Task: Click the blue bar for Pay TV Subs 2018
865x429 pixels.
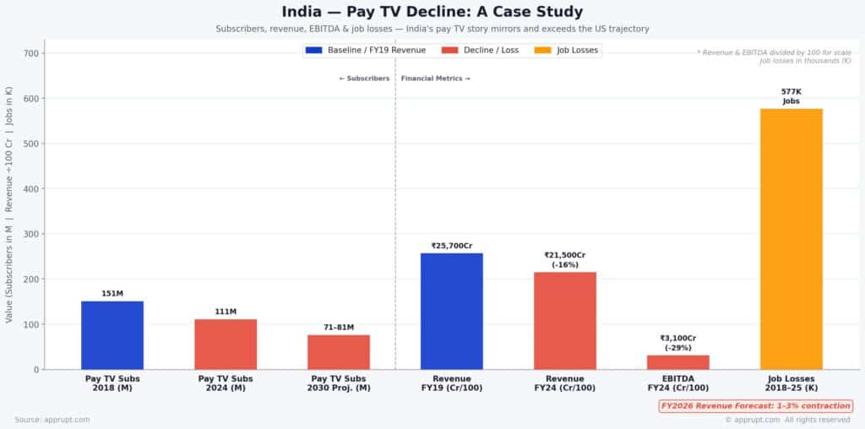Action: (112, 334)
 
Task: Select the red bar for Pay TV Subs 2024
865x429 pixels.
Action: (226, 344)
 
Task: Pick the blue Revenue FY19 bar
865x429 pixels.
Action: (452, 311)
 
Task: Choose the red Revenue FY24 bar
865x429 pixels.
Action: (565, 320)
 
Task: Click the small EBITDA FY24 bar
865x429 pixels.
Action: (678, 361)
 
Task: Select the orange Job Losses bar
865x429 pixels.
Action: (792, 238)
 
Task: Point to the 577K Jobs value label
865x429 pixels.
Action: (792, 96)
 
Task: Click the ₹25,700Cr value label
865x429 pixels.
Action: (452, 246)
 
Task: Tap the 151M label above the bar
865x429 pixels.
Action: (112, 294)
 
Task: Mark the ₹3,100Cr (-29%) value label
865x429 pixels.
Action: (678, 343)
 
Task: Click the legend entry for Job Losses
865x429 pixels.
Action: (567, 51)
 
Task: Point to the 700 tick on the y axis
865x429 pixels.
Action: (33, 53)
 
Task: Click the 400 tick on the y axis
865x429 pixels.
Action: (33, 188)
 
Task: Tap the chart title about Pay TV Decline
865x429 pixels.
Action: (432, 12)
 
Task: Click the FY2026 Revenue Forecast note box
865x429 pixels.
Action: (755, 406)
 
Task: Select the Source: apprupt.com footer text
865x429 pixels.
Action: (52, 420)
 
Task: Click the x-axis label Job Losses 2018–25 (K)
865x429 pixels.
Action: (792, 383)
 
